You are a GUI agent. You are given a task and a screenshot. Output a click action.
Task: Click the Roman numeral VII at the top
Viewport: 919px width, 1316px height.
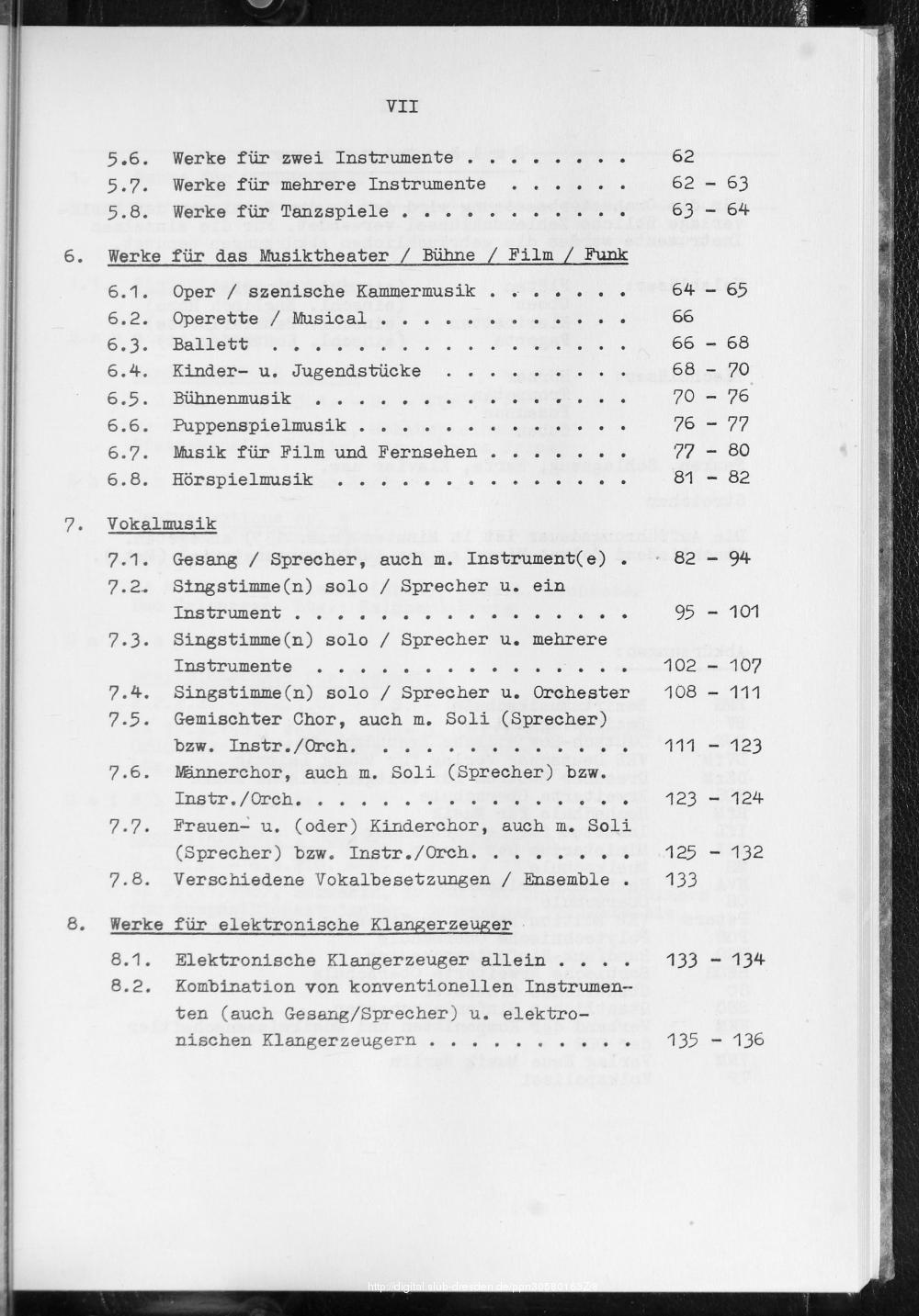coord(403,107)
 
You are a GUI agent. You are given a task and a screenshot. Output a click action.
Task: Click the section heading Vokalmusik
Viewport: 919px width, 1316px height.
coord(162,524)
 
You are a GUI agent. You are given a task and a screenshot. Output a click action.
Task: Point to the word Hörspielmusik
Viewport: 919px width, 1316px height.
coord(243,478)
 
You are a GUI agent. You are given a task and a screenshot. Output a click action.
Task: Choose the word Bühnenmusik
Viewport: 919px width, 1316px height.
coord(232,398)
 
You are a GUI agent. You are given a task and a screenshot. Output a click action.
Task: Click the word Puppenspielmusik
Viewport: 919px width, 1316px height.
coord(259,424)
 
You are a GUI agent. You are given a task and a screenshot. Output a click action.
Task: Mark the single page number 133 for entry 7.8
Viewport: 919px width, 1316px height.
coord(680,880)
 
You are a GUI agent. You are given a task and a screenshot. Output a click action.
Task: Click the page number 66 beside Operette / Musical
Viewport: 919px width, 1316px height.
coord(682,317)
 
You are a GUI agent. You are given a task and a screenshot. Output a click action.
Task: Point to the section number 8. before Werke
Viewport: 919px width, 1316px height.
coord(75,924)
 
